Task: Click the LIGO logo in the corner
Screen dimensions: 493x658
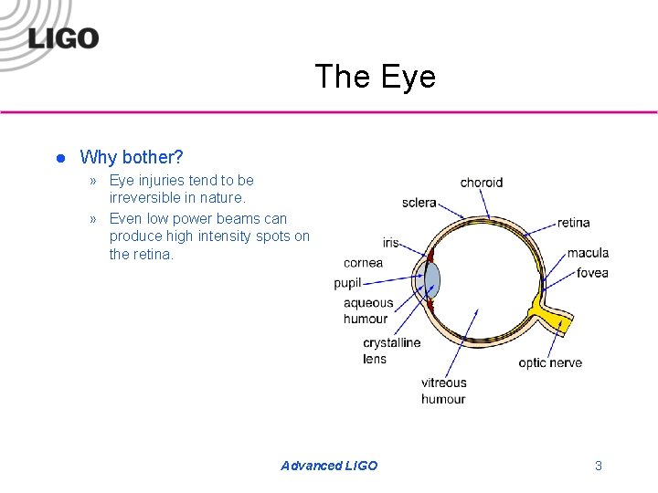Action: [62, 38]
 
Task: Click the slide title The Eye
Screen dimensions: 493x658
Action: [375, 77]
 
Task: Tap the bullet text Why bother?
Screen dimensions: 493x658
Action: [132, 157]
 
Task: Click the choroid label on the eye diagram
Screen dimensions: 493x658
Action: [481, 183]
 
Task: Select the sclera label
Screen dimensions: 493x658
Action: [419, 203]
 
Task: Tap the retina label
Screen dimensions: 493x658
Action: [573, 222]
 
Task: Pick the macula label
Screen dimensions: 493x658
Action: [588, 253]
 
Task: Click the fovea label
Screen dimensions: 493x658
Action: [592, 273]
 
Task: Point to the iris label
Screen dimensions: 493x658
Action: [391, 243]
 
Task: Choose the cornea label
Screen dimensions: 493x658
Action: [363, 263]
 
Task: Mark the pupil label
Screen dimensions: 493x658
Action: [348, 283]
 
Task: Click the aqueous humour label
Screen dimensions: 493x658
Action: [367, 310]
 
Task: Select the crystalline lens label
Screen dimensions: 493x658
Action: [391, 351]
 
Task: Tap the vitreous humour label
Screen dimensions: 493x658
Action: [443, 391]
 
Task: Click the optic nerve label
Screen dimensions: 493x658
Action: [550, 362]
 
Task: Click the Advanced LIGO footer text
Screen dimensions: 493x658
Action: [329, 466]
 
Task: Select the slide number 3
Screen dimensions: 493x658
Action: [599, 466]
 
